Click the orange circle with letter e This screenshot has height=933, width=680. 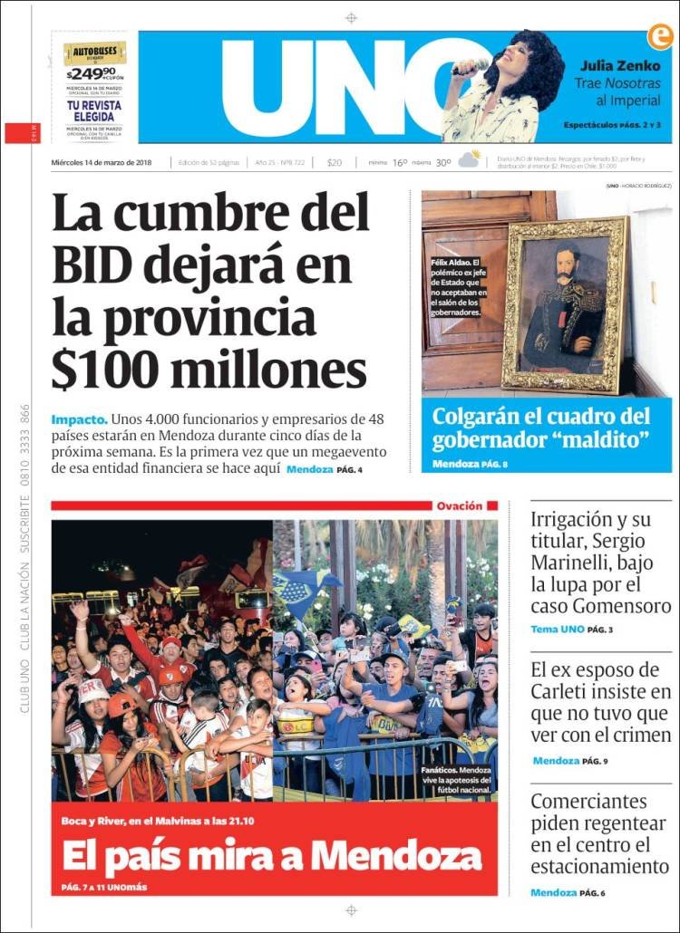click(x=658, y=36)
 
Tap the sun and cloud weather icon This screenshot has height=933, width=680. click(x=469, y=160)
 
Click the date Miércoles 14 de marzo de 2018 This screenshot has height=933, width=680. click(x=101, y=163)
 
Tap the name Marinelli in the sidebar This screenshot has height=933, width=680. click(x=573, y=563)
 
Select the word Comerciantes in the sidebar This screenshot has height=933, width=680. click(x=588, y=802)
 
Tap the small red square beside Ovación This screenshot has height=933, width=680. click(x=492, y=505)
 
